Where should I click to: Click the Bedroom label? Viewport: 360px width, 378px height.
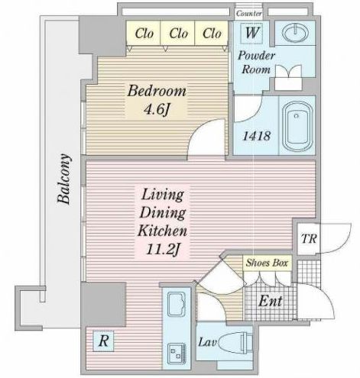157,91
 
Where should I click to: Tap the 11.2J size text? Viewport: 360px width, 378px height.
163,250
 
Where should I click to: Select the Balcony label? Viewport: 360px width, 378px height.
63,179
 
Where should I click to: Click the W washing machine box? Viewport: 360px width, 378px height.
252,33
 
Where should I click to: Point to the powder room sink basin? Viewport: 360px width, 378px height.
295,33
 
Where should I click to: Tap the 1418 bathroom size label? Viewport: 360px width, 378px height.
256,136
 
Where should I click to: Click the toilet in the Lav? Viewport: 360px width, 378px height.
235,342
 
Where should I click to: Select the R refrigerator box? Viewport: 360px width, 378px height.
103,341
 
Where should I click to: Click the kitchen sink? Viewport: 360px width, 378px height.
177,305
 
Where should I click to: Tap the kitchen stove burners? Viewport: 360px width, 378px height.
177,354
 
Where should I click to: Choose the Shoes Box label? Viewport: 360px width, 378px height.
267,263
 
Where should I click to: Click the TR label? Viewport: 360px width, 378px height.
309,239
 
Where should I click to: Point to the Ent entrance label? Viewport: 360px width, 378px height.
271,301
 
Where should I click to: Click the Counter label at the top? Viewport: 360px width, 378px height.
248,13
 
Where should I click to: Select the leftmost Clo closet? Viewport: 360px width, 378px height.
144,33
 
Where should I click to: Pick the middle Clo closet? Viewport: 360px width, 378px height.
178,33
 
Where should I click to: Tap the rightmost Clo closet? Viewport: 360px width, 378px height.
212,33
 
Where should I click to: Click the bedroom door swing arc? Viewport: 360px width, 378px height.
198,128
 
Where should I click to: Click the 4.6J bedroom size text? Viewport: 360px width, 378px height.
157,109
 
